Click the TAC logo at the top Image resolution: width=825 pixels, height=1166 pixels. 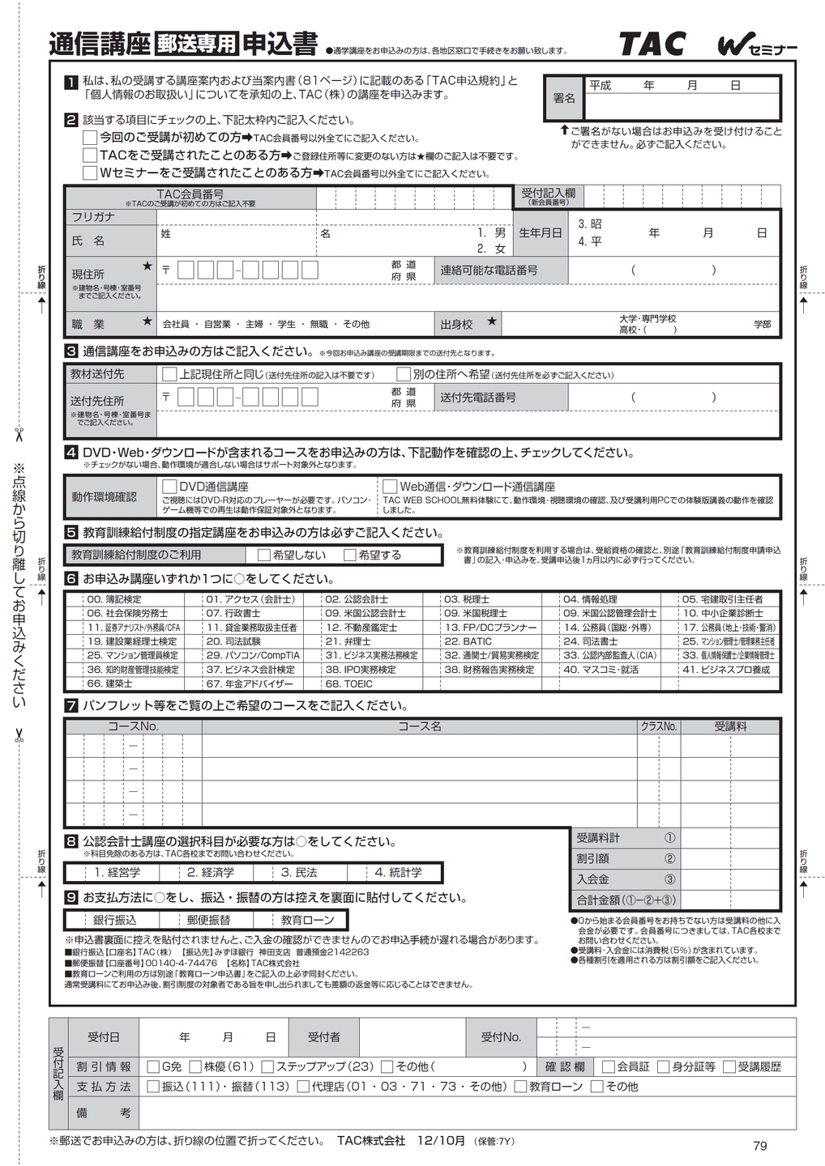pos(652,44)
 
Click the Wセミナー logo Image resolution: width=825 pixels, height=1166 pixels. pos(756,47)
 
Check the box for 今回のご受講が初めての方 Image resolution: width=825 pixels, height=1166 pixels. pos(90,138)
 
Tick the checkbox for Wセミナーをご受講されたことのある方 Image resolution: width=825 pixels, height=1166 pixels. pos(90,173)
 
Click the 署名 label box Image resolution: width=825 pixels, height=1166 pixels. pos(564,97)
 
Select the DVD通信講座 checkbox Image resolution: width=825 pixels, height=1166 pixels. pos(169,487)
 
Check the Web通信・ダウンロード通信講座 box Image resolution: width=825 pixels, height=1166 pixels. pos(390,487)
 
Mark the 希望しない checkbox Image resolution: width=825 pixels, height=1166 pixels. pos(264,555)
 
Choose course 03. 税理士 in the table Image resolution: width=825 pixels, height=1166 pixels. pos(467,599)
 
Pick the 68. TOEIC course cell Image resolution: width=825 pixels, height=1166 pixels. pos(348,683)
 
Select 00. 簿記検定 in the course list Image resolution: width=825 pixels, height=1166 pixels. pos(114,599)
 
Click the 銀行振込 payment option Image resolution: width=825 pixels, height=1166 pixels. pos(115,920)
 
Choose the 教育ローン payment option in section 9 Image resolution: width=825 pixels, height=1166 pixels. pos(307,920)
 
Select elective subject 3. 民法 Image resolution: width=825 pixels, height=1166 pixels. pos(299,872)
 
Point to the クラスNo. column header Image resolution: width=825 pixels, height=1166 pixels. pos(658,726)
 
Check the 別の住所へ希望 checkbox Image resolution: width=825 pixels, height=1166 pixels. pos(403,374)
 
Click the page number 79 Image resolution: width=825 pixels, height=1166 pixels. pos(759,1145)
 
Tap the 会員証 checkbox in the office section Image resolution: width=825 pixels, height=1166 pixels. pos(609,1066)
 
